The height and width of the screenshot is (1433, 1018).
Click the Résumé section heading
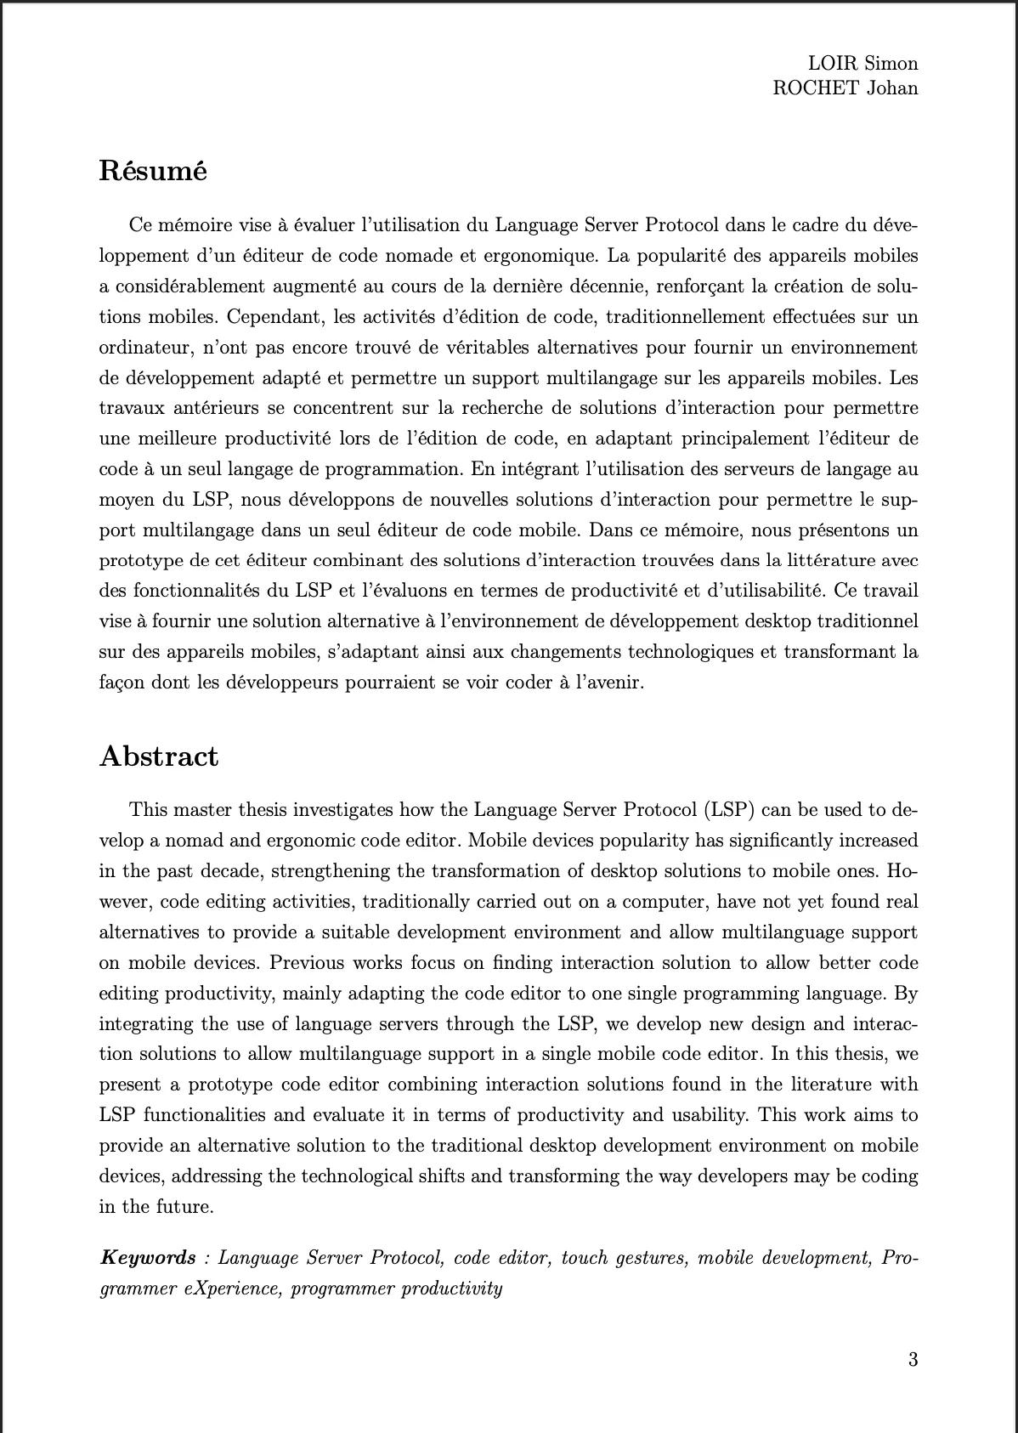(153, 171)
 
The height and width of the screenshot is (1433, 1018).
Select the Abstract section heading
(159, 756)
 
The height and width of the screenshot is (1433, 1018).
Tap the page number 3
(913, 1359)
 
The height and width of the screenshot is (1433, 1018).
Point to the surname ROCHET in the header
(816, 88)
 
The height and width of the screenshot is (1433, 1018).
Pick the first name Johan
(892, 88)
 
